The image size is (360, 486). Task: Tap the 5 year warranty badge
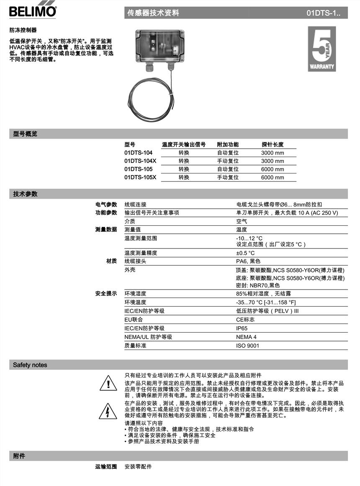coord(321,49)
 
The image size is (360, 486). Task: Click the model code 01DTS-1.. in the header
coord(323,13)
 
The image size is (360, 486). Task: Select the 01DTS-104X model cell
coord(140,161)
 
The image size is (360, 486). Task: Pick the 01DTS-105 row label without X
coord(139,169)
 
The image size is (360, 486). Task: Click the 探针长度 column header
coord(273,145)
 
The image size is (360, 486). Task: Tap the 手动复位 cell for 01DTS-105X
coord(228,177)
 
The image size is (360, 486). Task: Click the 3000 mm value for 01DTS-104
coord(273,153)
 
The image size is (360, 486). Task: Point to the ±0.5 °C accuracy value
coord(245,253)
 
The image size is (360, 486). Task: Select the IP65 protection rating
coord(242,328)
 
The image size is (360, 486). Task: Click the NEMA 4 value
coord(247,337)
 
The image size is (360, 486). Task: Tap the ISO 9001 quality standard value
coord(248,346)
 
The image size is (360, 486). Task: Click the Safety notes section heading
coord(30,365)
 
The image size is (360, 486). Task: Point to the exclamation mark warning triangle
coord(108,383)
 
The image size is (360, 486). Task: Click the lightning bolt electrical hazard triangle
coord(108,411)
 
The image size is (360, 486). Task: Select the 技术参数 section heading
coord(25,194)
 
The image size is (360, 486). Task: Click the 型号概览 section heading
coord(25,134)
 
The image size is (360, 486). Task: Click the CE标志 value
coord(245,320)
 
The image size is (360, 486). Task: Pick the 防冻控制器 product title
coord(23,30)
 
